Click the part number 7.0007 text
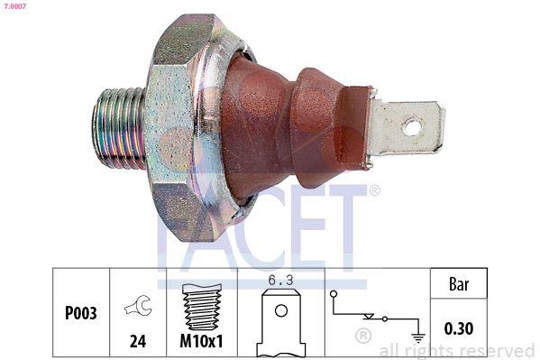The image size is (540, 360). [14, 6]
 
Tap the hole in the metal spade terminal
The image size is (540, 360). [411, 126]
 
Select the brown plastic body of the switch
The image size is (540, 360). [288, 126]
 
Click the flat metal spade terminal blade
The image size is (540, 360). [406, 127]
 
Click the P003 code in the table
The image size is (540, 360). [81, 313]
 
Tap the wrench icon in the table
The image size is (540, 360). [138, 307]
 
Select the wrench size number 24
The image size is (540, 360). [138, 344]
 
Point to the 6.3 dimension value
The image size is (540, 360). [281, 281]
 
